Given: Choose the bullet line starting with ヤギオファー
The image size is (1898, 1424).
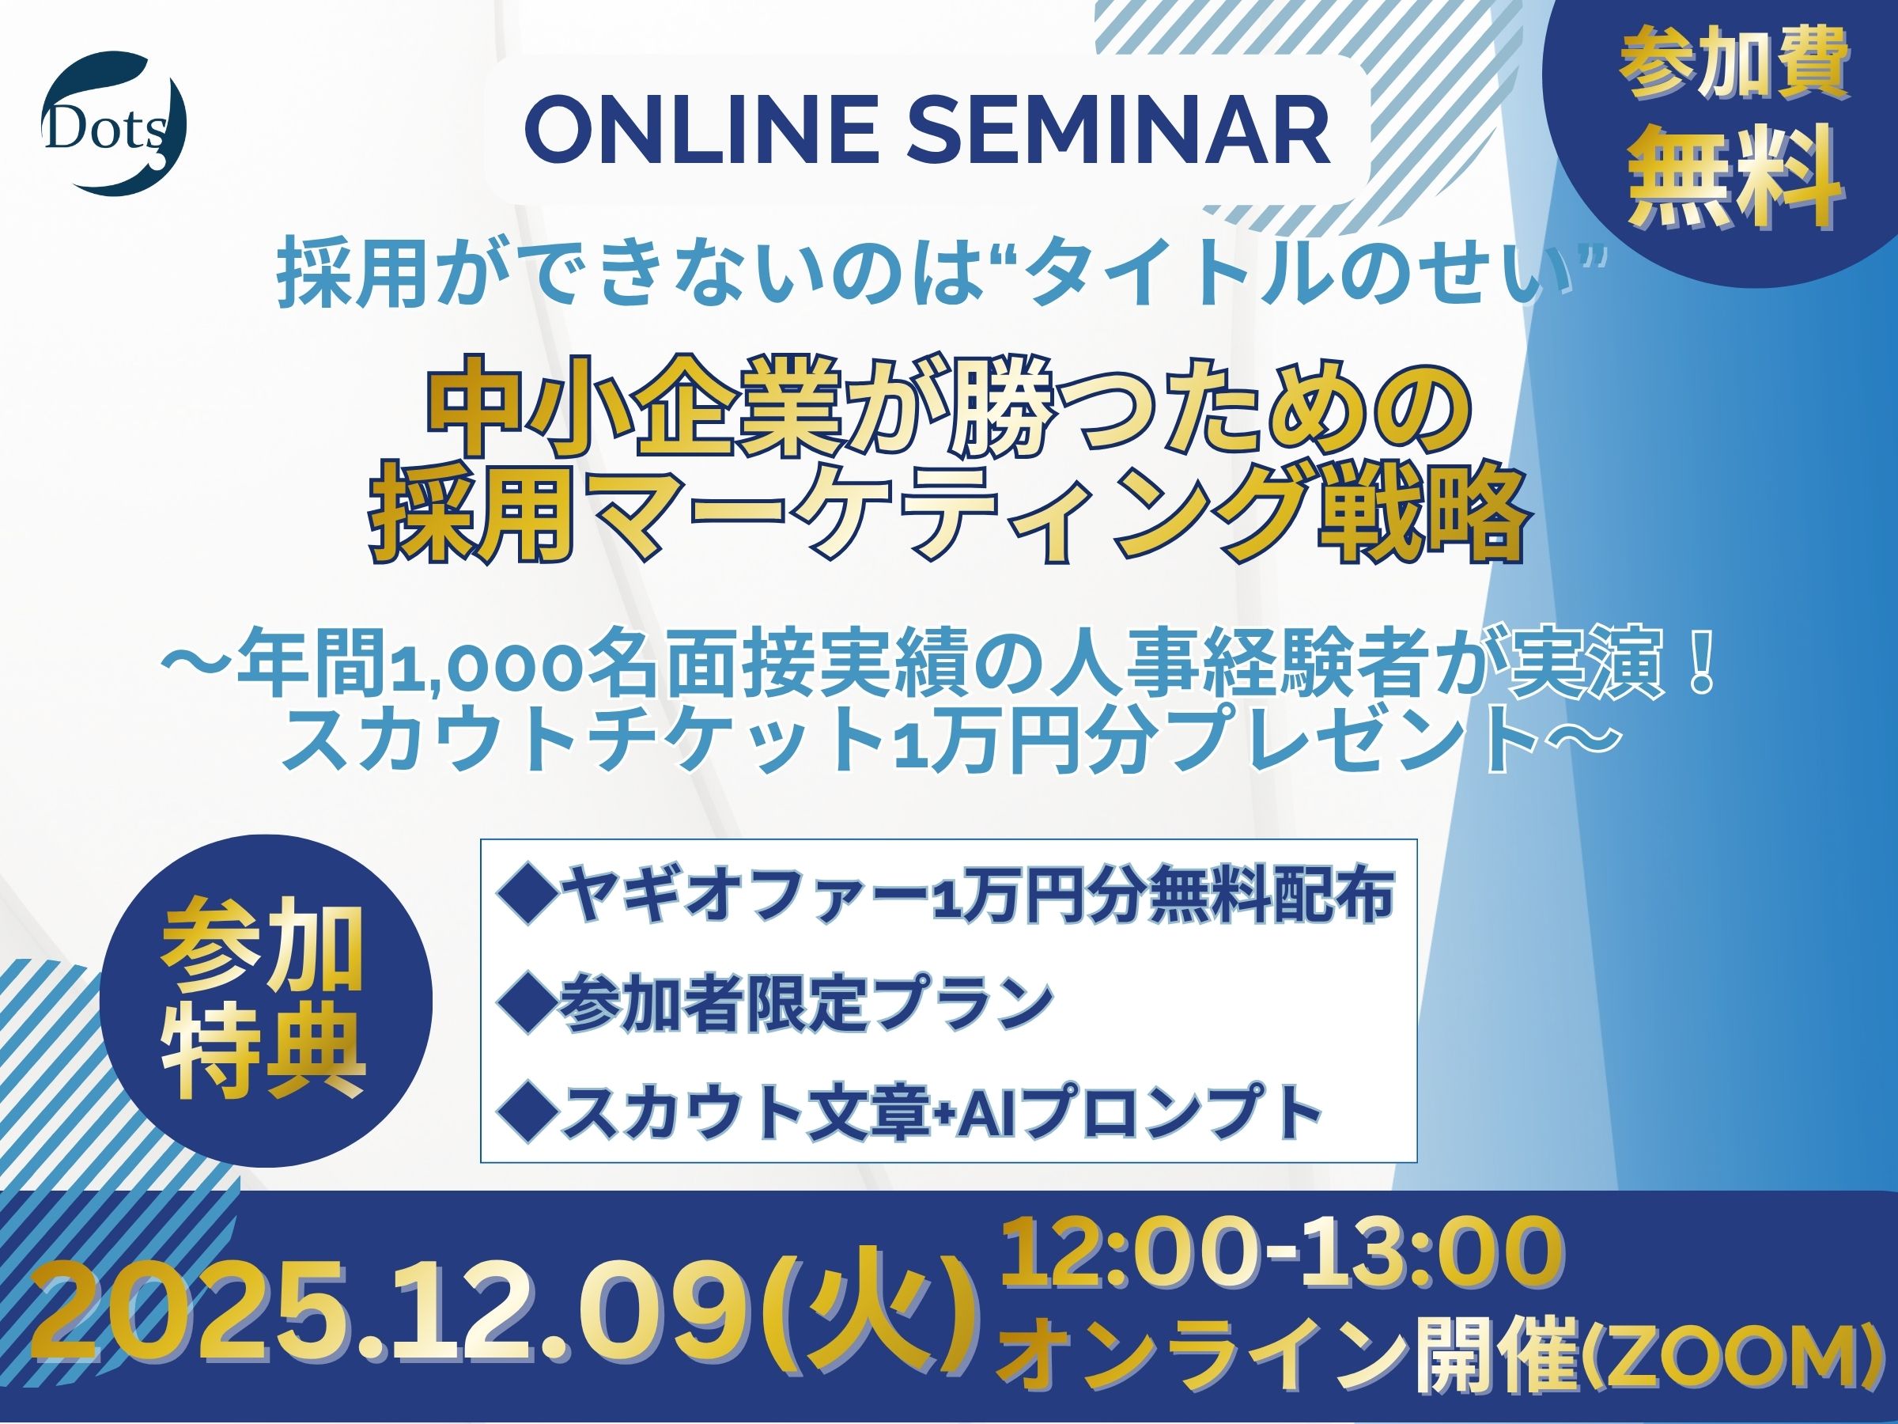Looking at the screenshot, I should tap(943, 899).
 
